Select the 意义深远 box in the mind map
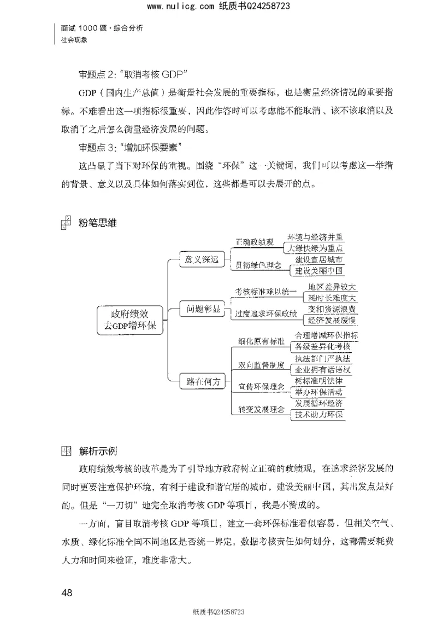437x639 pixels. (x=202, y=260)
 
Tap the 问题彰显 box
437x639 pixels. (x=202, y=310)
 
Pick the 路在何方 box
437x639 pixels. (x=202, y=382)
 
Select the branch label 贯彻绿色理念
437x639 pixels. (x=258, y=265)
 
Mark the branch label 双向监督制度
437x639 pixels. (x=262, y=364)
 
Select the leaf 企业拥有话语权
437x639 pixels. (x=323, y=370)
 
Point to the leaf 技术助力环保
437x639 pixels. (x=320, y=414)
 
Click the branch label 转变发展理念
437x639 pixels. (x=262, y=409)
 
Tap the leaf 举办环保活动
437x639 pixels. (x=320, y=392)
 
